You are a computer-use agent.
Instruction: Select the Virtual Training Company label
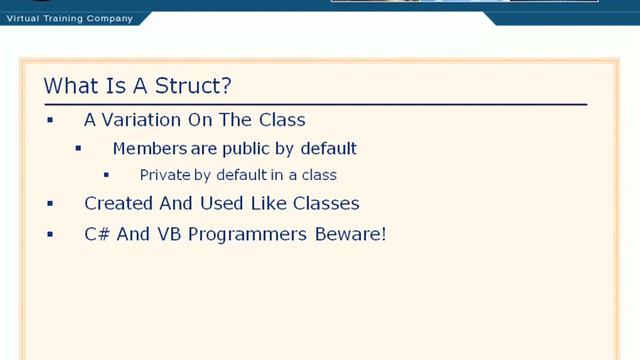[69, 17]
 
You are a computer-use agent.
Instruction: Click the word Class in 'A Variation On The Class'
[281, 120]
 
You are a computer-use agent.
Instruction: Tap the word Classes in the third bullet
[326, 204]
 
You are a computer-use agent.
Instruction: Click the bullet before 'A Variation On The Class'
[50, 120]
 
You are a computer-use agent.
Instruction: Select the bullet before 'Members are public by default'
[79, 149]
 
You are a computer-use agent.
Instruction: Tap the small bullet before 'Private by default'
[107, 175]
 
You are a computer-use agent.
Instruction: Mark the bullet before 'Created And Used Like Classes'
[50, 204]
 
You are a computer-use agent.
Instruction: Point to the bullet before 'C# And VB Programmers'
[50, 234]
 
